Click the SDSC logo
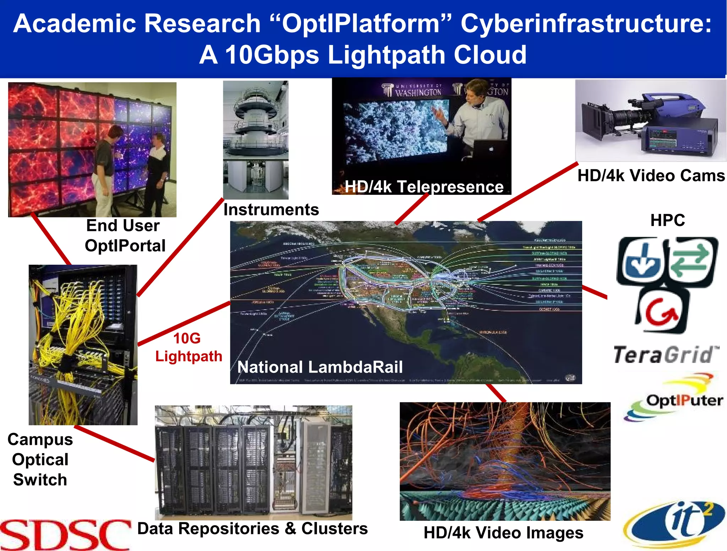click(66, 535)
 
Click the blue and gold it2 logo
click(674, 523)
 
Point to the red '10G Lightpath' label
click(188, 347)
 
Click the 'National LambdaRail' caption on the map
click(320, 367)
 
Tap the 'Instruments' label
click(271, 210)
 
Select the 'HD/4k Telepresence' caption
click(424, 187)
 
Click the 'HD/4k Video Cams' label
click(651, 176)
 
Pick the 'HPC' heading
click(667, 220)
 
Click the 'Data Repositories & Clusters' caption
click(252, 529)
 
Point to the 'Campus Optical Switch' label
click(40, 459)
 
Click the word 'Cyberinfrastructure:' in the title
click(586, 24)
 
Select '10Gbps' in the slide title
click(272, 55)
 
